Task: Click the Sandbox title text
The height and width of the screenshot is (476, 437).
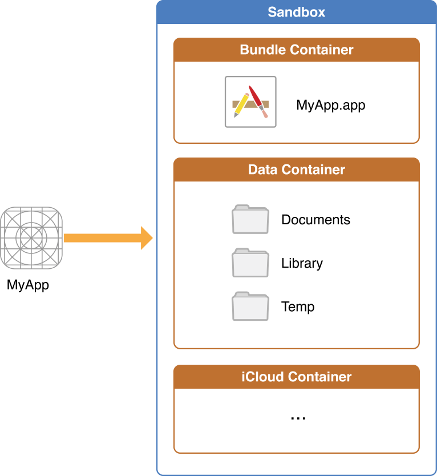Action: click(x=296, y=12)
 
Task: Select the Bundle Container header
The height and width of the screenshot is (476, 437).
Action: click(x=296, y=50)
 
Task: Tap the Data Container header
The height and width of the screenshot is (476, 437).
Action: click(x=296, y=170)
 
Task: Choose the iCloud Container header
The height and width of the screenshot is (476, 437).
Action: click(x=296, y=377)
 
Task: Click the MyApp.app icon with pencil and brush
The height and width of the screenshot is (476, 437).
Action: click(x=250, y=102)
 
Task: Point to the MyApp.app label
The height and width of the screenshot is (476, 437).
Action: click(x=330, y=105)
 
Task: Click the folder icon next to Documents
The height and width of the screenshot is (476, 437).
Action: click(x=250, y=220)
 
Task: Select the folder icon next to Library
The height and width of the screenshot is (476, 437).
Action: click(x=250, y=263)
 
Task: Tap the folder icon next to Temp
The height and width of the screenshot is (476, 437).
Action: click(x=250, y=306)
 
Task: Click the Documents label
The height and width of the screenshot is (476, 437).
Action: click(x=315, y=220)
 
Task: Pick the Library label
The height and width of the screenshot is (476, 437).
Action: click(x=302, y=263)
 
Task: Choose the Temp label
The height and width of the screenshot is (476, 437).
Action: click(x=298, y=306)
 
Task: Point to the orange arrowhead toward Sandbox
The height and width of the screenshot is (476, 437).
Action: click(x=147, y=238)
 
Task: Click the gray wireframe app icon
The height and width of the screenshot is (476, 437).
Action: click(x=32, y=238)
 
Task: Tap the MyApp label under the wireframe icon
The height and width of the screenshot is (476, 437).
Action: click(x=28, y=285)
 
